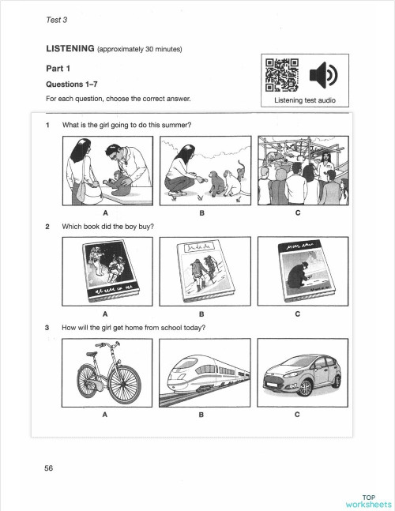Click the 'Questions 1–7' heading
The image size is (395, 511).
pyautogui.click(x=71, y=83)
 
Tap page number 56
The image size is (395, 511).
pyautogui.click(x=49, y=468)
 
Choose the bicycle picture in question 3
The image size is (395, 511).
pyautogui.click(x=105, y=373)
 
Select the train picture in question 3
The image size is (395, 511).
pyautogui.click(x=201, y=373)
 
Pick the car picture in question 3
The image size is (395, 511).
pyautogui.click(x=298, y=373)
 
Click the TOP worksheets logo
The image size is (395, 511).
pyautogui.click(x=367, y=500)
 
